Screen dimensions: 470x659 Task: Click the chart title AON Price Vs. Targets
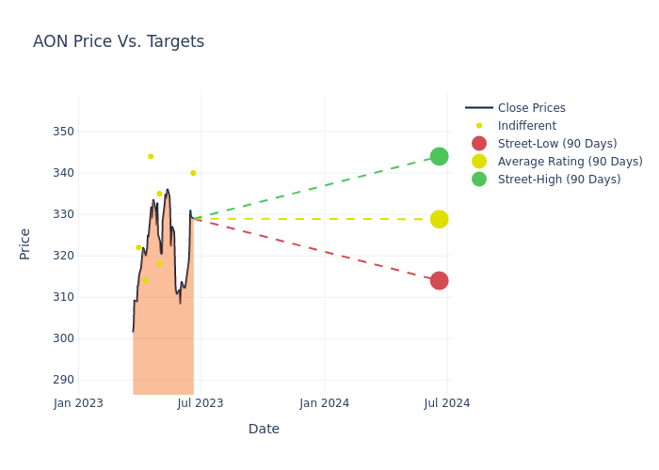point(119,41)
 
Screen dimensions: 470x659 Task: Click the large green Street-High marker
point(439,156)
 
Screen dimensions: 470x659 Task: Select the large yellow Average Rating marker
point(439,219)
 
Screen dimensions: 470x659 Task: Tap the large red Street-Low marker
point(439,281)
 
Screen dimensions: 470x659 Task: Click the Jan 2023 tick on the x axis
point(78,403)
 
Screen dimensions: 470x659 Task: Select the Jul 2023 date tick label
point(201,403)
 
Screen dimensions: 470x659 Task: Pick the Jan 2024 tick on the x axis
point(325,403)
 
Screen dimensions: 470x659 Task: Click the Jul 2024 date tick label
point(447,403)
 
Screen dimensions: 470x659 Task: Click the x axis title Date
point(264,429)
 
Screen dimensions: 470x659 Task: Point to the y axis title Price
point(25,243)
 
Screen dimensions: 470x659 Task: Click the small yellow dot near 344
point(151,156)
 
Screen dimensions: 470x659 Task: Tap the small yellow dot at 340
point(193,173)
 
